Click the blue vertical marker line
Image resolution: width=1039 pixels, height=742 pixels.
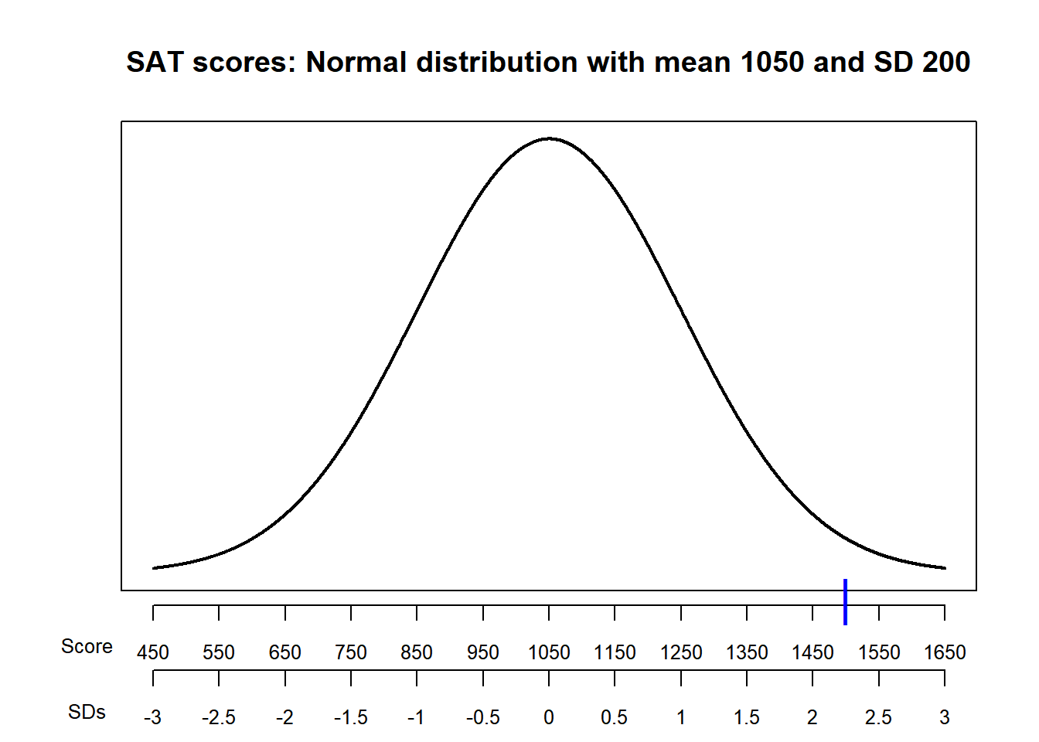(x=846, y=601)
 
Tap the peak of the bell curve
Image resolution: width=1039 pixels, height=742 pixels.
(x=549, y=138)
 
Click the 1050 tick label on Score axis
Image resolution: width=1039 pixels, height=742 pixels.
(x=549, y=652)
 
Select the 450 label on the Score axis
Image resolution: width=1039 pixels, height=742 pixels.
(x=153, y=652)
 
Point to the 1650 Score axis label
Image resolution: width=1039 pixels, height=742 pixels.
(x=945, y=652)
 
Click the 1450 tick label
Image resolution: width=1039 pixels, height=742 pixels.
(x=812, y=652)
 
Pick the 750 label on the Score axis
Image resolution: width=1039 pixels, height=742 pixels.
(x=351, y=652)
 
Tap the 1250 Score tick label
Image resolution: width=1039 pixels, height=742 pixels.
(x=681, y=652)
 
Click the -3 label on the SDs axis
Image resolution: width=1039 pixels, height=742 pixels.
(x=153, y=718)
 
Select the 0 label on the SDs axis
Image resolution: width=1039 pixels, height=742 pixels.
(x=549, y=718)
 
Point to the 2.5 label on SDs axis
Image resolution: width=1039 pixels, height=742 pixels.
(x=878, y=718)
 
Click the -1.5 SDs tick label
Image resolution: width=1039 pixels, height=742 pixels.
(x=351, y=718)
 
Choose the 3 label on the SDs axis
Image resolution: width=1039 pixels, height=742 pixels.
(x=945, y=718)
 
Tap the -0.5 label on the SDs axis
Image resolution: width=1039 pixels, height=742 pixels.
(x=483, y=718)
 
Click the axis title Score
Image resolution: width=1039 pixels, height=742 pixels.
(x=87, y=646)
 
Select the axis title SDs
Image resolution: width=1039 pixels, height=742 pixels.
(x=87, y=712)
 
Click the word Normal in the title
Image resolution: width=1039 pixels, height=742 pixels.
(x=356, y=62)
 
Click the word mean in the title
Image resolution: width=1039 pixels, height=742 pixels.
(x=693, y=62)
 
